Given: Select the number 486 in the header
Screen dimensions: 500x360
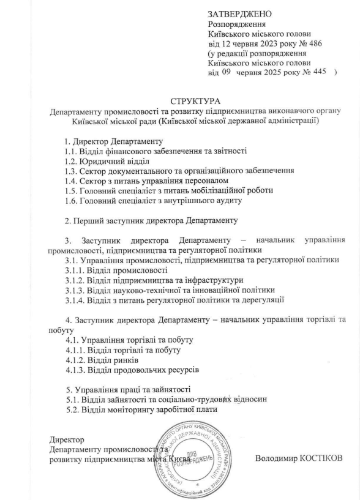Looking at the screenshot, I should (313, 43).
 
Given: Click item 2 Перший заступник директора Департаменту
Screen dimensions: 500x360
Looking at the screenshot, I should (151, 220).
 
